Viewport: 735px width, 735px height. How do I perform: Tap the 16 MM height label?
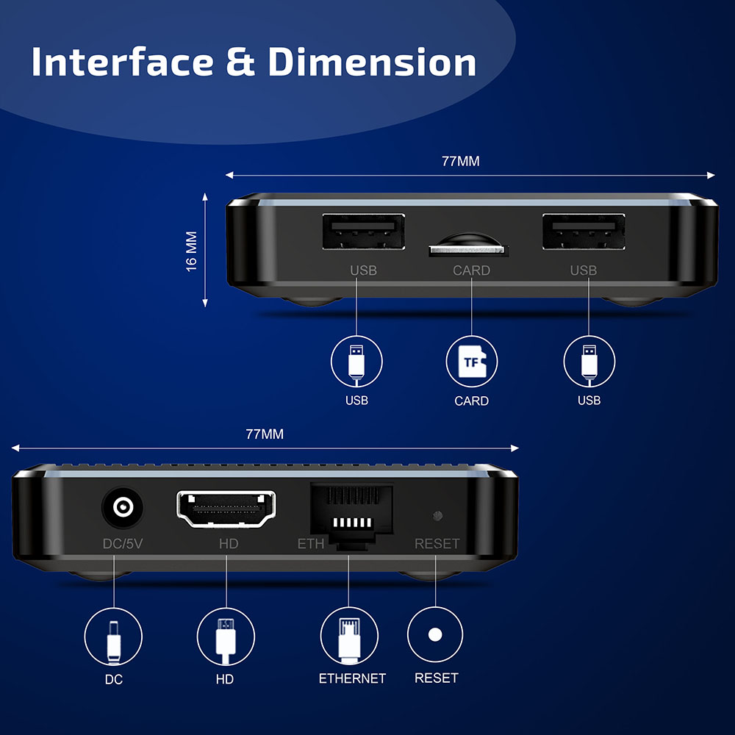tap(192, 251)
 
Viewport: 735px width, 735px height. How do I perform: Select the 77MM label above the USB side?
tap(461, 161)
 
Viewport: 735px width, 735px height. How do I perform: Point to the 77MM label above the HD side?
tap(265, 434)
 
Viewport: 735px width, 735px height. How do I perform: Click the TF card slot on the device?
tap(468, 250)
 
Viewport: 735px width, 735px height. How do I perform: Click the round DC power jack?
tap(121, 508)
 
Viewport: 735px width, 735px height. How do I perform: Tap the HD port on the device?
tap(226, 509)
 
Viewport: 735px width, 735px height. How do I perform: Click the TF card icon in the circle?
tap(472, 361)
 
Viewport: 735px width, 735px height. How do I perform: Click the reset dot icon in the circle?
tap(435, 634)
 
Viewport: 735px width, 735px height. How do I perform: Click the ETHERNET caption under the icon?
tap(352, 678)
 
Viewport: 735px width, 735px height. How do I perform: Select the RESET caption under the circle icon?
tap(437, 678)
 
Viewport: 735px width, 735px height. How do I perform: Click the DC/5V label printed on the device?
tap(122, 545)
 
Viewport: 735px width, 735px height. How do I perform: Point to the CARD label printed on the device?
tap(471, 270)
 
